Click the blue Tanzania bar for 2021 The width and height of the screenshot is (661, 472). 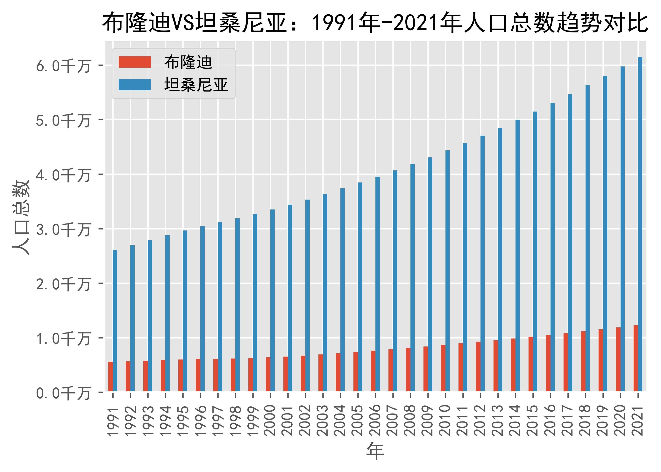(640, 224)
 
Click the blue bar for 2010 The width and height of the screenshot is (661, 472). (447, 270)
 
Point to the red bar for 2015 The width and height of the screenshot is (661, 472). (531, 364)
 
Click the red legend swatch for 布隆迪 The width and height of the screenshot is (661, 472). (135, 62)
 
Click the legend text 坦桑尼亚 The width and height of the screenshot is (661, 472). (196, 85)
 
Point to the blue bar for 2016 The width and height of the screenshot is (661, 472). (552, 247)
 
